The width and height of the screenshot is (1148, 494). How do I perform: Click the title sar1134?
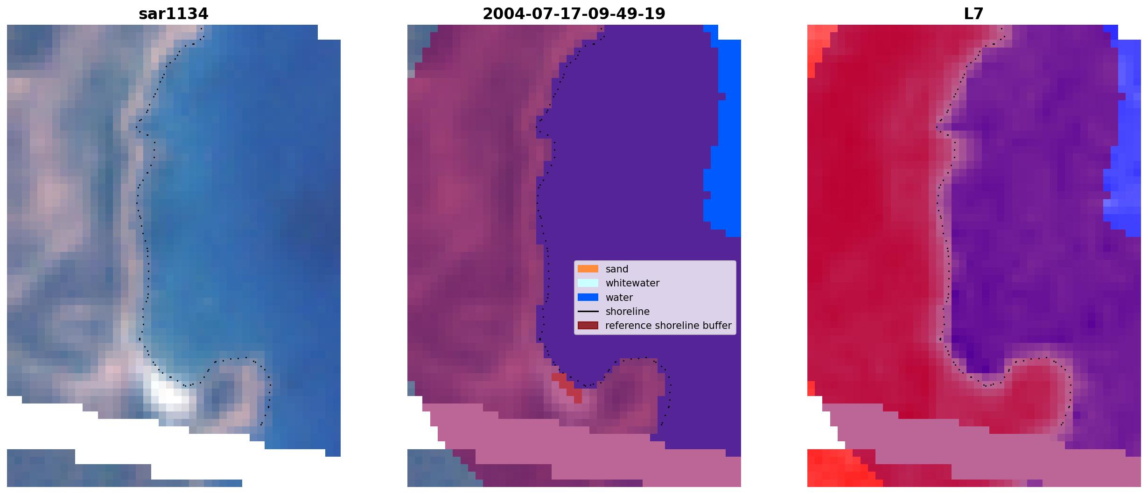pyautogui.click(x=173, y=14)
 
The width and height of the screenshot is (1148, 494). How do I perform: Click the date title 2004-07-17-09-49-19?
pyautogui.click(x=574, y=14)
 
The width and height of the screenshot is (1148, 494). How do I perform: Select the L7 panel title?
pyautogui.click(x=973, y=14)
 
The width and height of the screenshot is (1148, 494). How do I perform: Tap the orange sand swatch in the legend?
pyautogui.click(x=588, y=269)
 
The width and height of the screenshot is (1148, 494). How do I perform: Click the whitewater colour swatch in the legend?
pyautogui.click(x=588, y=283)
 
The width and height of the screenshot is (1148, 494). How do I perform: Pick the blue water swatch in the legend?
pyautogui.click(x=588, y=297)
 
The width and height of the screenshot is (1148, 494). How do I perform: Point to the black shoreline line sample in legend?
pyautogui.click(x=588, y=311)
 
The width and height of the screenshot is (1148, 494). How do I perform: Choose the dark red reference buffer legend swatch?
pyautogui.click(x=588, y=325)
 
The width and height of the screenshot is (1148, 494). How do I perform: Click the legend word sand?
pyautogui.click(x=617, y=269)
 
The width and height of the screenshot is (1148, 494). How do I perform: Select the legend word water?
pyautogui.click(x=619, y=298)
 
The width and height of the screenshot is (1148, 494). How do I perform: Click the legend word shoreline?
pyautogui.click(x=628, y=312)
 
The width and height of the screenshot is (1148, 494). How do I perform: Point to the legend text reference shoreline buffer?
pyautogui.click(x=668, y=326)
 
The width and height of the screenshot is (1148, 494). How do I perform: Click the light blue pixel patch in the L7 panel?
pyautogui.click(x=1122, y=140)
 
